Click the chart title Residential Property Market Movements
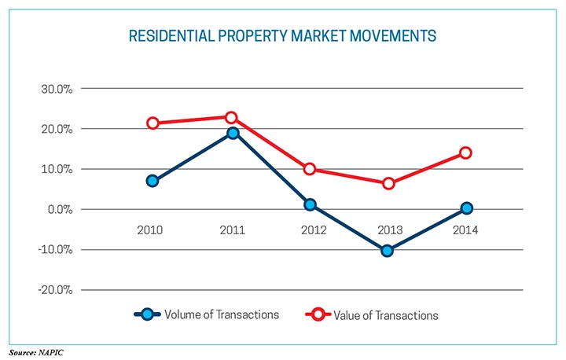[x=282, y=36]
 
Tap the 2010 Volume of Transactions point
[x=153, y=181]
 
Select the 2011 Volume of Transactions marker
[x=233, y=133]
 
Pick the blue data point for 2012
[x=310, y=204]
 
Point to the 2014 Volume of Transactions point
[x=467, y=208]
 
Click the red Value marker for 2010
[x=153, y=123]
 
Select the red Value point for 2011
[x=231, y=118]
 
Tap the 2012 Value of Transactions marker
[x=310, y=169]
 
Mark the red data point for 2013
[x=388, y=183]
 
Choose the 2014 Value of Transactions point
[x=465, y=152]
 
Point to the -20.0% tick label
[x=54, y=290]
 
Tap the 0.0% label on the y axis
[x=59, y=210]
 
